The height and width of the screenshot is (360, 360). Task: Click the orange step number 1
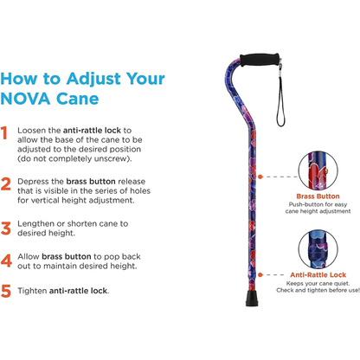coord(7,133)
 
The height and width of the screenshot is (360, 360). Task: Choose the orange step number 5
coord(7,291)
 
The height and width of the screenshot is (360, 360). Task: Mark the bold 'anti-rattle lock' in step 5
coord(79,291)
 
